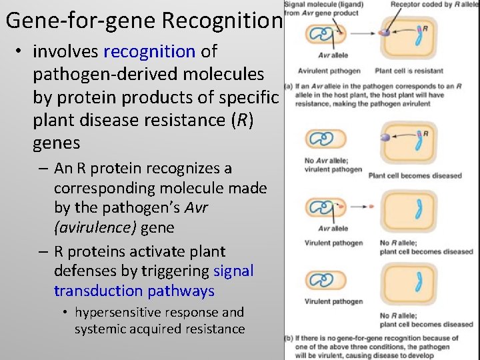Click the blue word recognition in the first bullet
(x=149, y=51)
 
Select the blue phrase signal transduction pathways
(x=153, y=281)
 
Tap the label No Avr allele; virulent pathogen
(x=324, y=165)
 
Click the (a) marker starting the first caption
(x=288, y=86)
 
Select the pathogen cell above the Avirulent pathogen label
(x=324, y=37)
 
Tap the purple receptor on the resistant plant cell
(x=385, y=31)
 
